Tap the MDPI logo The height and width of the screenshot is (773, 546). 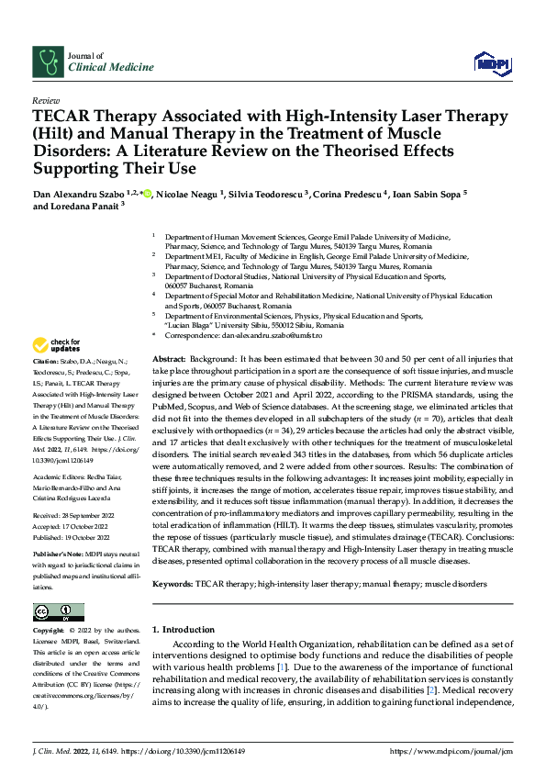(x=491, y=62)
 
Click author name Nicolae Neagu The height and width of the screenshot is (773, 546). (x=186, y=195)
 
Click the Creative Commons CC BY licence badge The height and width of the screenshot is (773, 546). (x=58, y=611)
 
